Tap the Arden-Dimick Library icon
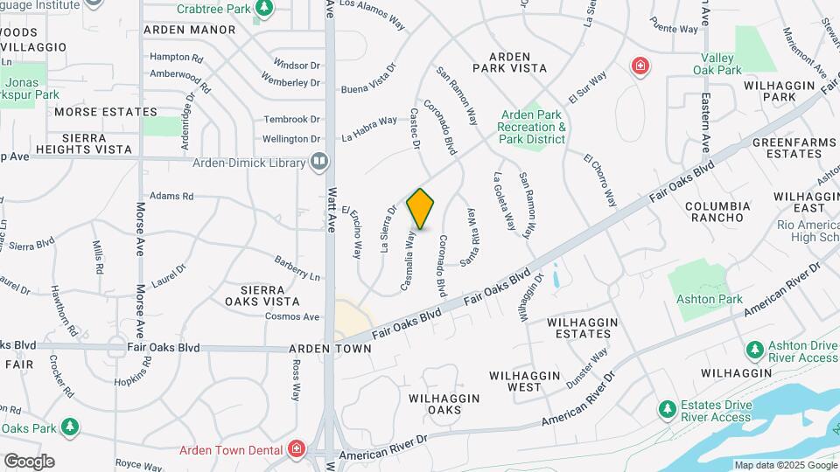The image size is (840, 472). pyautogui.click(x=319, y=162)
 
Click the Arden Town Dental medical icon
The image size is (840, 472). pyautogui.click(x=297, y=450)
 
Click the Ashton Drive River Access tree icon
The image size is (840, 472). pyautogui.click(x=755, y=350)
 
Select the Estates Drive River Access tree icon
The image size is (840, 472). pyautogui.click(x=667, y=409)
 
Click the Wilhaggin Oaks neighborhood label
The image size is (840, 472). pyautogui.click(x=444, y=404)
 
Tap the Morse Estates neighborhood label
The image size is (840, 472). pyautogui.click(x=105, y=112)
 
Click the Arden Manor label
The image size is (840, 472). pyautogui.click(x=189, y=30)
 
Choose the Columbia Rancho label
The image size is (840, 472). pyautogui.click(x=717, y=212)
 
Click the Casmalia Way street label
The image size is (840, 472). pyautogui.click(x=409, y=260)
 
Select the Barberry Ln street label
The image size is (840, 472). pyautogui.click(x=297, y=268)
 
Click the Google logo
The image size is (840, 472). pyautogui.click(x=28, y=462)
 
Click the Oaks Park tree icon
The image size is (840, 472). pyautogui.click(x=69, y=427)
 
